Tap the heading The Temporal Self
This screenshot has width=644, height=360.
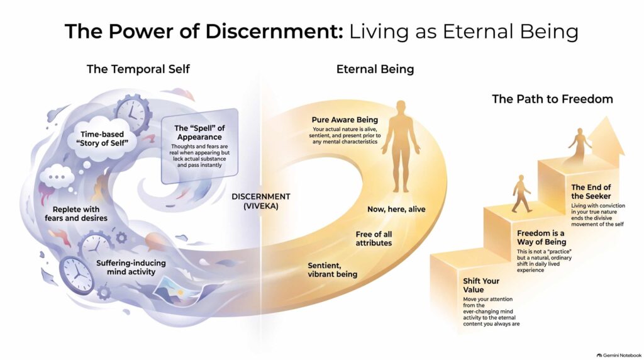pos(138,69)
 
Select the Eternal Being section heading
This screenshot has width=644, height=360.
pos(375,69)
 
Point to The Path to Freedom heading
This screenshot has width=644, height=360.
pos(552,99)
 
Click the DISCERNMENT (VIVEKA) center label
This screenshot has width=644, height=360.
pos(261,201)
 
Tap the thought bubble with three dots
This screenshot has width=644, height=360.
pos(57,177)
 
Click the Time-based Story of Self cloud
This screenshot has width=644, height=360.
pos(102,138)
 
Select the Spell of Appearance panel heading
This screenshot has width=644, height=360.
pos(199,133)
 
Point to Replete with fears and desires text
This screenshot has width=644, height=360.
pos(76,214)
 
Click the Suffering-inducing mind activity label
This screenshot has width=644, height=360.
pos(131,267)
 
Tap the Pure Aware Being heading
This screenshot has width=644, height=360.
pos(345,120)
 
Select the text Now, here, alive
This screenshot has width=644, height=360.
pos(396,209)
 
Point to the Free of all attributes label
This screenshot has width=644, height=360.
pos(374,239)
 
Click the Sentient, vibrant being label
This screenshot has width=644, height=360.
pos(332,269)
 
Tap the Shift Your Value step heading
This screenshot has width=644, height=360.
pos(481,285)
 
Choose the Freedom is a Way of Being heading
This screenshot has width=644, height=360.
pos(541,237)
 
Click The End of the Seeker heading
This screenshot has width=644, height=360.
pos(591,191)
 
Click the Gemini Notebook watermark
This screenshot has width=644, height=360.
pos(619,355)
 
